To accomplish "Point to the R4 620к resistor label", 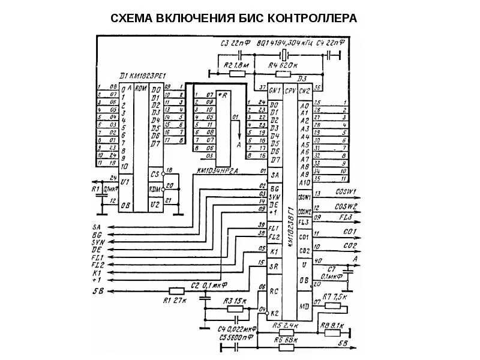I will click(280, 65).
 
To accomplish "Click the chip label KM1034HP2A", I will click(218, 170).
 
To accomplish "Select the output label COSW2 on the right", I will click(346, 206).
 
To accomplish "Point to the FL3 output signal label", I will click(346, 217).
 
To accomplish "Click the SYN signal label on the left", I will click(97, 241).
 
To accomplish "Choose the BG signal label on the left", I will click(97, 234).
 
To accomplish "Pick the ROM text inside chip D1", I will click(141, 89).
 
